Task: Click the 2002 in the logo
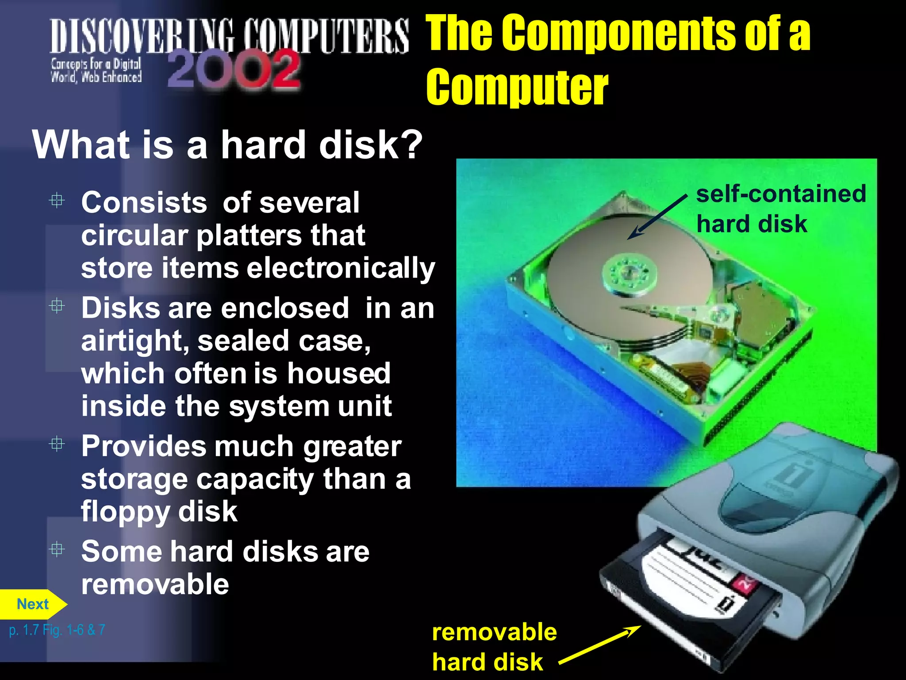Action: click(x=234, y=70)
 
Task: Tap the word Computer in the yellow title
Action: click(x=517, y=88)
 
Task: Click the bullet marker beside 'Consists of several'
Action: click(x=57, y=201)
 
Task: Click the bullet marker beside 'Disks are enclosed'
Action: click(x=57, y=306)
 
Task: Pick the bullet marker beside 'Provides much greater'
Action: click(x=57, y=444)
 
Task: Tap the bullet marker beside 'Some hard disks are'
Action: click(x=57, y=549)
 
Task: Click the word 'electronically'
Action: click(x=341, y=268)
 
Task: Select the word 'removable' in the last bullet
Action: click(x=155, y=584)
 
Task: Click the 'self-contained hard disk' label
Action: click(x=780, y=209)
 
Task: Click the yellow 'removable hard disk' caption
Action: click(x=494, y=647)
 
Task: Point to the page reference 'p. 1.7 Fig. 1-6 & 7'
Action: click(x=57, y=630)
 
